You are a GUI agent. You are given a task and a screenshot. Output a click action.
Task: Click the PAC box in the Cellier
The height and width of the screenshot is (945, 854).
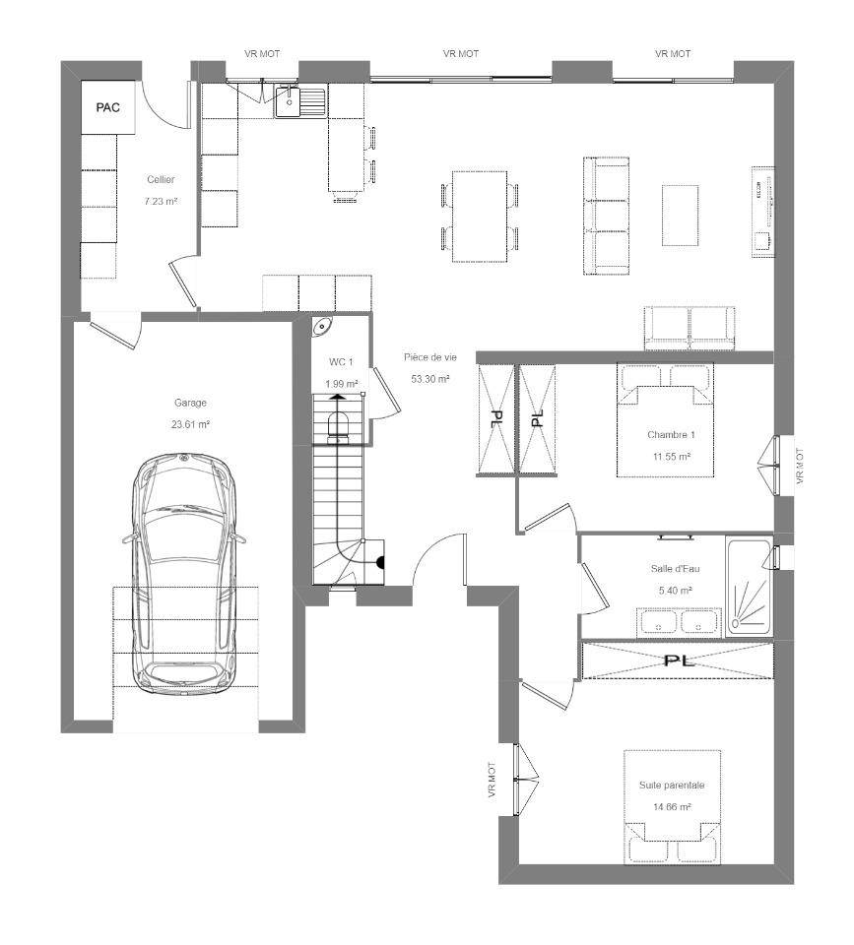pyautogui.click(x=108, y=107)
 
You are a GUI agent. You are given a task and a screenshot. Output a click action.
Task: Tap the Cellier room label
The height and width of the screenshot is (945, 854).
pyautogui.click(x=161, y=179)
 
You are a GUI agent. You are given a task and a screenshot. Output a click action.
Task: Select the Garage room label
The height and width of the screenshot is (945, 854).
pyautogui.click(x=190, y=403)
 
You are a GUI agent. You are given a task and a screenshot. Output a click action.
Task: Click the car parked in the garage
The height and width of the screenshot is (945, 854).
pyautogui.click(x=184, y=574)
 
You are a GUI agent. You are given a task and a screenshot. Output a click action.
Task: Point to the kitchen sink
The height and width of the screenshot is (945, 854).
pyautogui.click(x=300, y=101)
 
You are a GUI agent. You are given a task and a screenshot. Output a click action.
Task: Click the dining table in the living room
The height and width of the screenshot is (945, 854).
pyautogui.click(x=480, y=217)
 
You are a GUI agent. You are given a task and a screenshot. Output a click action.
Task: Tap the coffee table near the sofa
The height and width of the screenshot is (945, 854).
pyautogui.click(x=681, y=216)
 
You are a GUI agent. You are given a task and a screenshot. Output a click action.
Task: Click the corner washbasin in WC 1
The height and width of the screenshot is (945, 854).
pyautogui.click(x=323, y=326)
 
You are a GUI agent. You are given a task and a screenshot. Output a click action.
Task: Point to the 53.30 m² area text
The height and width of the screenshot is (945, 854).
pyautogui.click(x=430, y=379)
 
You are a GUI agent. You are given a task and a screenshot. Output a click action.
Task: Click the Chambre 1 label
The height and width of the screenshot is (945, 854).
pyautogui.click(x=671, y=434)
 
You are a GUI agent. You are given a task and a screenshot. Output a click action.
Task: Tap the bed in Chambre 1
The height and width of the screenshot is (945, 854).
pyautogui.click(x=665, y=419)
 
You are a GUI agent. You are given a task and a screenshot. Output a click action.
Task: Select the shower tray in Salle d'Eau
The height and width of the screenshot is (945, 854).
pyautogui.click(x=749, y=587)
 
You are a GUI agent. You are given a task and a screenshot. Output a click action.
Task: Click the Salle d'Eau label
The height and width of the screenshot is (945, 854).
pyautogui.click(x=676, y=568)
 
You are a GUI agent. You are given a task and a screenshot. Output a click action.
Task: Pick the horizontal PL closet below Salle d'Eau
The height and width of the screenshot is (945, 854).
pyautogui.click(x=678, y=661)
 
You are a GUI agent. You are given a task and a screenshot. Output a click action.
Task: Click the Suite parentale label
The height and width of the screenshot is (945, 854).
pyautogui.click(x=672, y=786)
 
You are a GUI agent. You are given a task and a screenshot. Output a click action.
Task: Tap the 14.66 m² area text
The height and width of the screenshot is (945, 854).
pyautogui.click(x=672, y=807)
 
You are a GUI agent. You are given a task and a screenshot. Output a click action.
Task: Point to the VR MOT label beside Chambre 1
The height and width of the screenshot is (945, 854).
pyautogui.click(x=800, y=466)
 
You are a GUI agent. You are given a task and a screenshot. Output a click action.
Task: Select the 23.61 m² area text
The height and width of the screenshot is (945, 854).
pyautogui.click(x=190, y=424)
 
